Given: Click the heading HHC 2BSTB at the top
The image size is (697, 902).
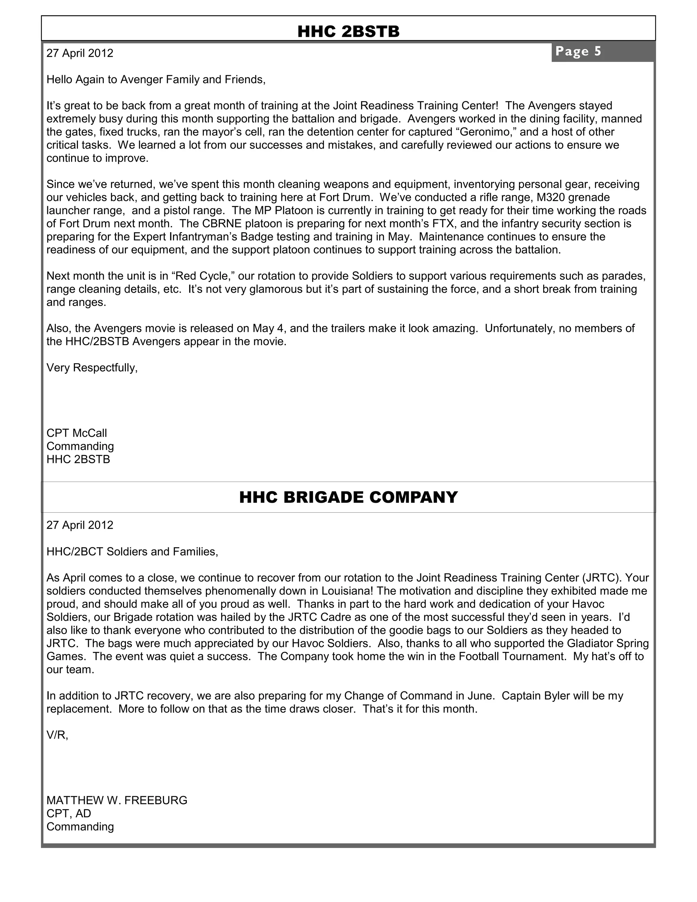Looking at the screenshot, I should point(348,31).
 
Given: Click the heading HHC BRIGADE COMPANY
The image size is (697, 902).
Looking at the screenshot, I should point(348,497).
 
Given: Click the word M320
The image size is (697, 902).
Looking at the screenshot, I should point(550,197).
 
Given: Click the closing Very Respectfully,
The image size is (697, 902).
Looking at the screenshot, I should point(92,368).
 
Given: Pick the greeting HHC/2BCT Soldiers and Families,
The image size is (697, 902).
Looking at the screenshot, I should point(132,551).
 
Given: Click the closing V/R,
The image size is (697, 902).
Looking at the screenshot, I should point(57,735).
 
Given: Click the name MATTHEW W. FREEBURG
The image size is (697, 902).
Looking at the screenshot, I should point(116,801).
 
